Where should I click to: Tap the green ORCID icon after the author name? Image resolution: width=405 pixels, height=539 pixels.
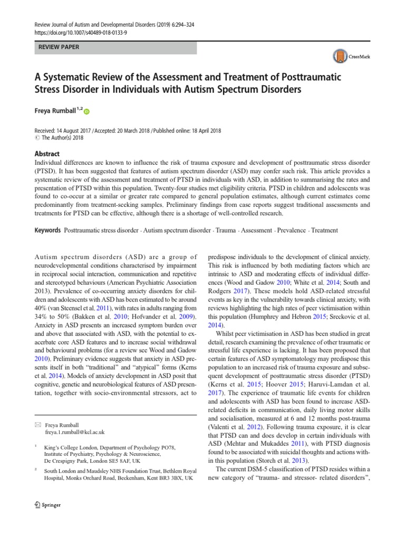click(86, 112)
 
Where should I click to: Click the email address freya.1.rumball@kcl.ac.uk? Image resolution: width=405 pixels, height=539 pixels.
click(75, 432)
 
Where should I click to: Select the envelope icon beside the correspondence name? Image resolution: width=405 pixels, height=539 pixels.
click(37, 424)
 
